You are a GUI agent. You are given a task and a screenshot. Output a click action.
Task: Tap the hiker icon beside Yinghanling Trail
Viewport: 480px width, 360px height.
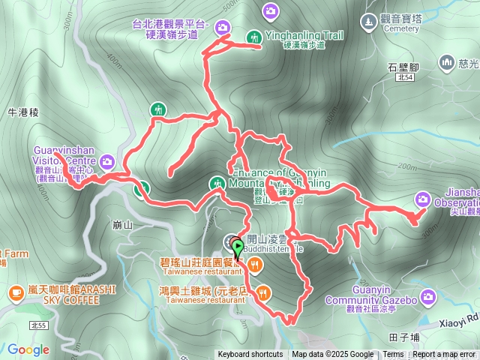click(253, 37)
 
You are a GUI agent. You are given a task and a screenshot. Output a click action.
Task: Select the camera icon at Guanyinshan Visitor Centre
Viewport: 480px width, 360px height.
click(106, 161)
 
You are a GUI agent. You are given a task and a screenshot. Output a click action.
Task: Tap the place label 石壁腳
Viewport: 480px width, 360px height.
click(403, 66)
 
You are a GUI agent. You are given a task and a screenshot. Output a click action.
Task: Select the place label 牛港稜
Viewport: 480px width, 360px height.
click(22, 112)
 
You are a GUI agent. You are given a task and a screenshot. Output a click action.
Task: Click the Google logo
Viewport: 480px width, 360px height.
click(28, 349)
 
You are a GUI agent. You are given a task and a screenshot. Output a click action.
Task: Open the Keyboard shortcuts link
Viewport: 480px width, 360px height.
click(250, 355)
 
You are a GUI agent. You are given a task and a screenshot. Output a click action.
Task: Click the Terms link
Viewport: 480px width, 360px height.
click(393, 355)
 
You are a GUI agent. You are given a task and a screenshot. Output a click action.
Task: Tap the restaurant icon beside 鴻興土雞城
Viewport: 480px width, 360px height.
click(262, 291)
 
